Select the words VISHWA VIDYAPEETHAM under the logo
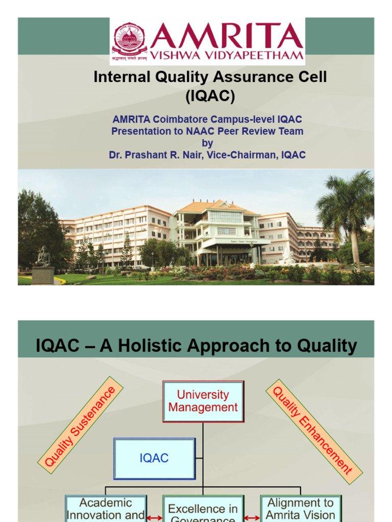[x=227, y=55]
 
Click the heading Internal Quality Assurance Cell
[x=210, y=77]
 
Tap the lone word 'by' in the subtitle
[x=207, y=143]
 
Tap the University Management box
[x=203, y=401]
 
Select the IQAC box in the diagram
[x=154, y=458]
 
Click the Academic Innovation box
[x=106, y=509]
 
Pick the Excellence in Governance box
[x=203, y=511]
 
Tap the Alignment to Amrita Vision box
[x=301, y=509]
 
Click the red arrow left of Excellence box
[x=154, y=518]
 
